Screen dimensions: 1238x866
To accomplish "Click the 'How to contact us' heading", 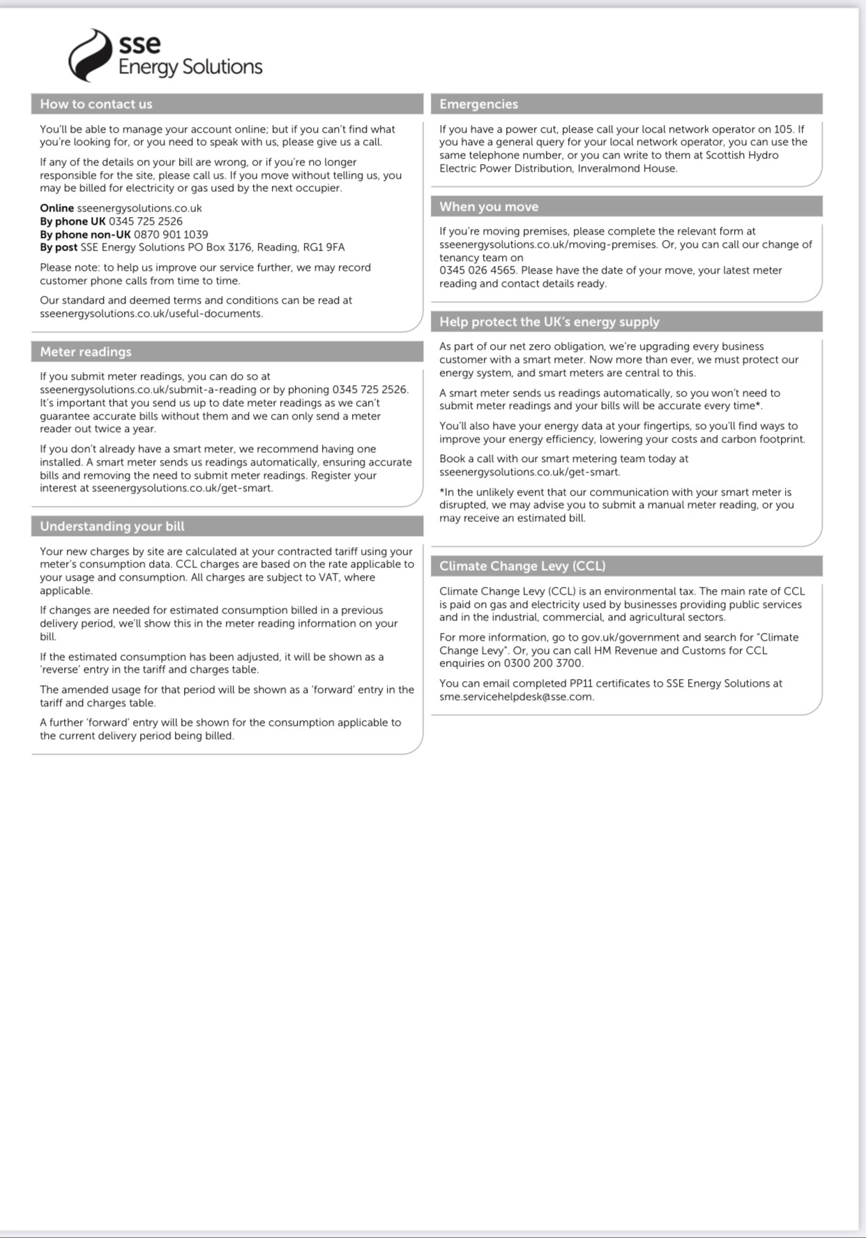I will coord(96,104).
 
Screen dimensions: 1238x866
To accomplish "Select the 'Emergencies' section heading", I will coord(478,104).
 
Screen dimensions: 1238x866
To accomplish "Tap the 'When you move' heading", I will coord(489,207).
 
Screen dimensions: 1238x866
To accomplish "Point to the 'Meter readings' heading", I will coord(85,352).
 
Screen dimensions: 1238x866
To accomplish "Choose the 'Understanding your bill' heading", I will coord(112,526).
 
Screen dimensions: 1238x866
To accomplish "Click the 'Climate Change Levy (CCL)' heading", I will coord(522,566).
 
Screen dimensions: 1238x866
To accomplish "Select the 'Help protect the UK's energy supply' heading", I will coord(549,322).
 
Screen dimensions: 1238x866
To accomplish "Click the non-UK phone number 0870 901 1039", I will coord(171,234).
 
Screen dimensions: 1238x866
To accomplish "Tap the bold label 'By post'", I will coord(59,248).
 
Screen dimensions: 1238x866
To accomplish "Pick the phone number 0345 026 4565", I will coord(478,271).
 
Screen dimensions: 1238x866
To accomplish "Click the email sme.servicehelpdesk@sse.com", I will coord(516,696).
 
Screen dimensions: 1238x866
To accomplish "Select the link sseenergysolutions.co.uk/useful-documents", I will coord(151,314).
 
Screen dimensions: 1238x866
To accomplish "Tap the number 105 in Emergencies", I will coord(784,129).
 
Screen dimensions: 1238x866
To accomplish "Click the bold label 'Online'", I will coord(56,208).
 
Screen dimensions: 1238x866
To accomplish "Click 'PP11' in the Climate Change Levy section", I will coord(580,683).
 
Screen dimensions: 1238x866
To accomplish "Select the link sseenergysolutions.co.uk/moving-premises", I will coord(549,245).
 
